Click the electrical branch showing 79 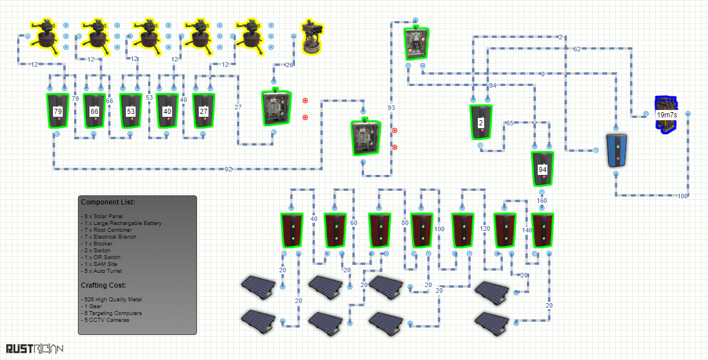tap(58, 111)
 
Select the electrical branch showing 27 tap(204, 111)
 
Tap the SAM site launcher tap(312, 37)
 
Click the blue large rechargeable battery tap(617, 151)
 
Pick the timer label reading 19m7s tap(667, 114)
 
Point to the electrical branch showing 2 tap(481, 122)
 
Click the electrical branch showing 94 tap(542, 169)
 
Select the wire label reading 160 tap(542, 201)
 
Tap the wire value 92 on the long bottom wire tap(228, 169)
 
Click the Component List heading tap(108, 202)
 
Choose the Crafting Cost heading tap(103, 285)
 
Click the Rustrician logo tap(34, 349)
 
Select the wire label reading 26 tap(289, 65)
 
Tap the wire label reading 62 tap(577, 49)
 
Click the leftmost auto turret tap(45, 37)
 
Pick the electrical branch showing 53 tap(131, 111)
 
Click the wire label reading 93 tap(391, 108)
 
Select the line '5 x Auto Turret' tap(101, 271)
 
